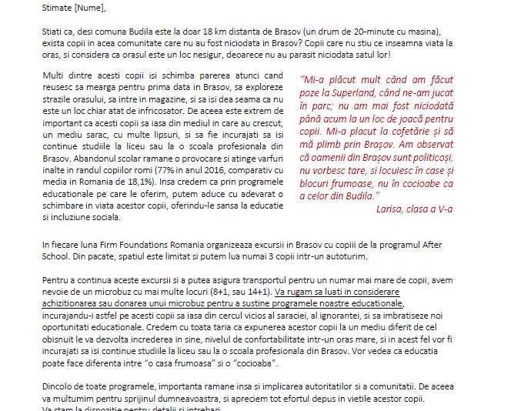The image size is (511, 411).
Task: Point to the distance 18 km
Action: pos(210,31)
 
